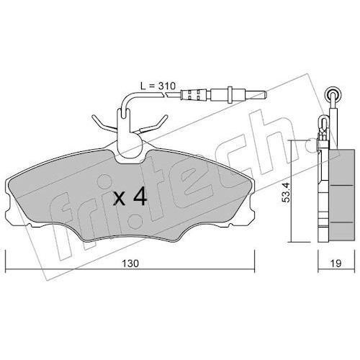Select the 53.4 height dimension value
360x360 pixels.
pos(287,192)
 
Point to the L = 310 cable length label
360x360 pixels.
pos(158,86)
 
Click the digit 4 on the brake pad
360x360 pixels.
pos(140,197)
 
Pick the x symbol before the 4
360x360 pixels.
pos(120,199)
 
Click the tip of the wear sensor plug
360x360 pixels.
pos(266,94)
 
